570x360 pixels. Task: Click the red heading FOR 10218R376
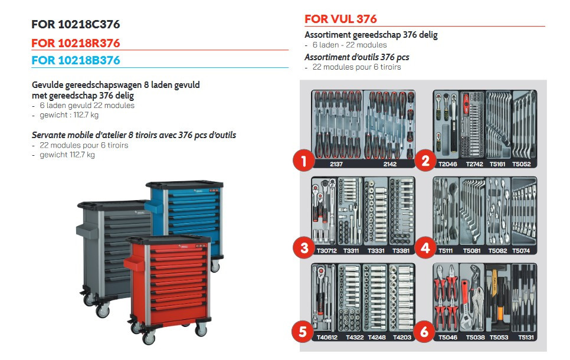[x=76, y=43]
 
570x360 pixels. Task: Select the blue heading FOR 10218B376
[x=76, y=60]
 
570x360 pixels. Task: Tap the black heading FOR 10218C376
[x=76, y=24]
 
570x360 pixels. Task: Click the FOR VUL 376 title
[x=340, y=19]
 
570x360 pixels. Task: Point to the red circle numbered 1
[x=303, y=161]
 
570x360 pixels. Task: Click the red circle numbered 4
[x=425, y=248]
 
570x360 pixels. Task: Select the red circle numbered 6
[x=424, y=331]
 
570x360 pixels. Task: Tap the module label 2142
[x=389, y=164]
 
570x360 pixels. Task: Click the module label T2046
[x=447, y=164]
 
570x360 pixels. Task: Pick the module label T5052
[x=522, y=164]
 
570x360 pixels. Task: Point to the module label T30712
[x=327, y=251]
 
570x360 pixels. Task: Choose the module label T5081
[x=471, y=251]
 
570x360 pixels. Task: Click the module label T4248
[x=376, y=337]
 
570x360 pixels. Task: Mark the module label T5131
[x=526, y=337]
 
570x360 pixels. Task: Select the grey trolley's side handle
[x=87, y=231]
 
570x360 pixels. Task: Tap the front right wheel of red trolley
[x=201, y=330]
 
